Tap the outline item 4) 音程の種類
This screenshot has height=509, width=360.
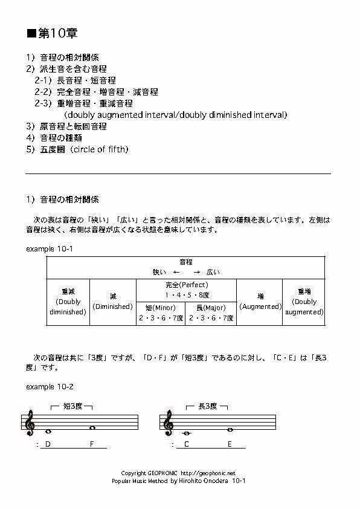click(60, 137)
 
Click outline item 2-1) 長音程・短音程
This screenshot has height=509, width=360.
click(75, 80)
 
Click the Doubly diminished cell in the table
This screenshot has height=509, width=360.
click(68, 302)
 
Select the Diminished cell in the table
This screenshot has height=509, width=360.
click(113, 302)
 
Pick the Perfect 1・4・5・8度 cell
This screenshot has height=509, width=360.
click(186, 290)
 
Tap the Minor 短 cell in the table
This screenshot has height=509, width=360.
click(161, 313)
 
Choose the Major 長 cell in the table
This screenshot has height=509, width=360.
click(211, 313)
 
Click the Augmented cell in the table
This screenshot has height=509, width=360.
click(260, 302)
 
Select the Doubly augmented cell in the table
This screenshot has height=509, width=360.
click(304, 302)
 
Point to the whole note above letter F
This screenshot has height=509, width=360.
click(92, 428)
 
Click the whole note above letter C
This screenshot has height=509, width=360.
click(187, 433)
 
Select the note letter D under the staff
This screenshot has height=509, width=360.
click(48, 445)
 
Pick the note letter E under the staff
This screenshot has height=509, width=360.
click(230, 445)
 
